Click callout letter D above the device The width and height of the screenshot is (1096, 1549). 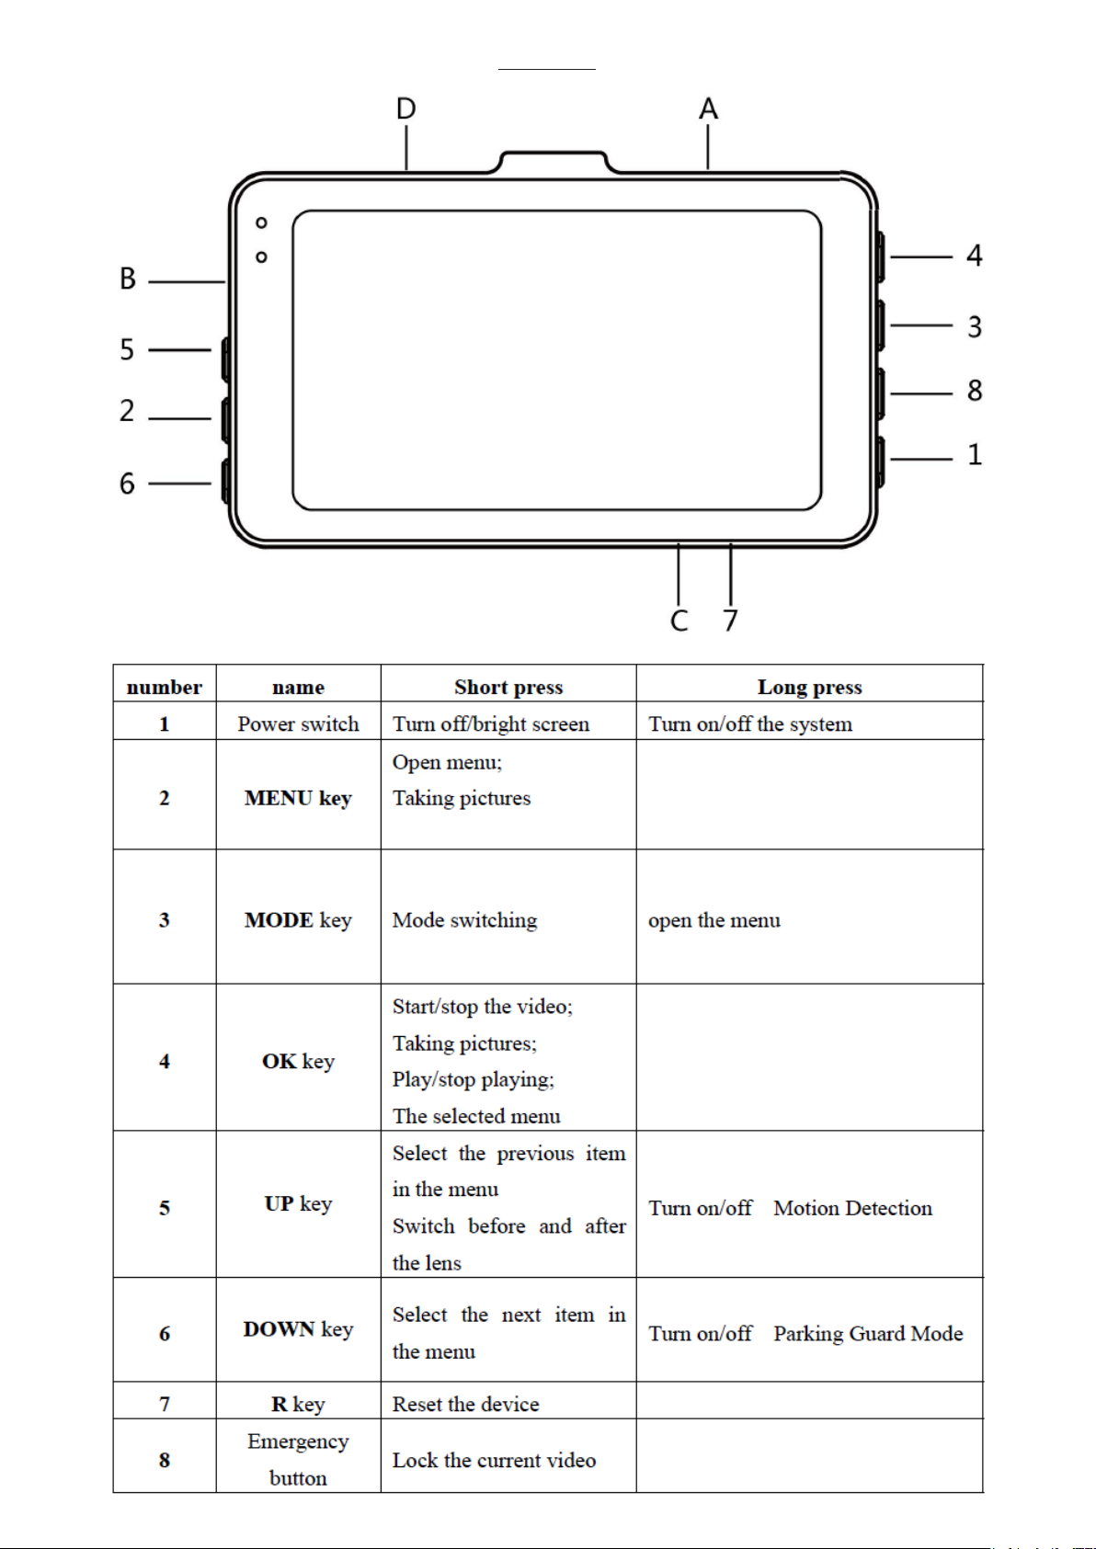coord(405,109)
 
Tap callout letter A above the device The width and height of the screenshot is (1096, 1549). coord(708,109)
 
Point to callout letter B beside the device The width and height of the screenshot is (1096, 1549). coord(128,279)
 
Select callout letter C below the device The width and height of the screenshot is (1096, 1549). coord(679,621)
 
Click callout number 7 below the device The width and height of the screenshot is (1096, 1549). coord(730,621)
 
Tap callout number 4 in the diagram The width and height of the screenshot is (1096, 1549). coord(975,256)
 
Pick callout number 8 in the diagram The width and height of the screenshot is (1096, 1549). coord(975,391)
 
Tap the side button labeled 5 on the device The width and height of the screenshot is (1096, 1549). coord(224,359)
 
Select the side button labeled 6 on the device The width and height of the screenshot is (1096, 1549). coord(224,481)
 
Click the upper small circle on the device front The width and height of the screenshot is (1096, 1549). coord(262,222)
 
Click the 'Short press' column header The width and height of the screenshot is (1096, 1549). coord(508,687)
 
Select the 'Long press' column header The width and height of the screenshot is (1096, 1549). coord(809,687)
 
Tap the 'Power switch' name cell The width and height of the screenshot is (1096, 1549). coord(298,723)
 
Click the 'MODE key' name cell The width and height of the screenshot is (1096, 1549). coord(298,919)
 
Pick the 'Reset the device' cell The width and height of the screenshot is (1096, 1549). coord(466,1404)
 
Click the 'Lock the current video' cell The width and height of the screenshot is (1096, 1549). coord(494,1460)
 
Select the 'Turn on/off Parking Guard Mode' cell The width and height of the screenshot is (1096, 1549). coord(805,1333)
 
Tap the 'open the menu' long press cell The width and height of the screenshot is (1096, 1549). coord(714,920)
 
